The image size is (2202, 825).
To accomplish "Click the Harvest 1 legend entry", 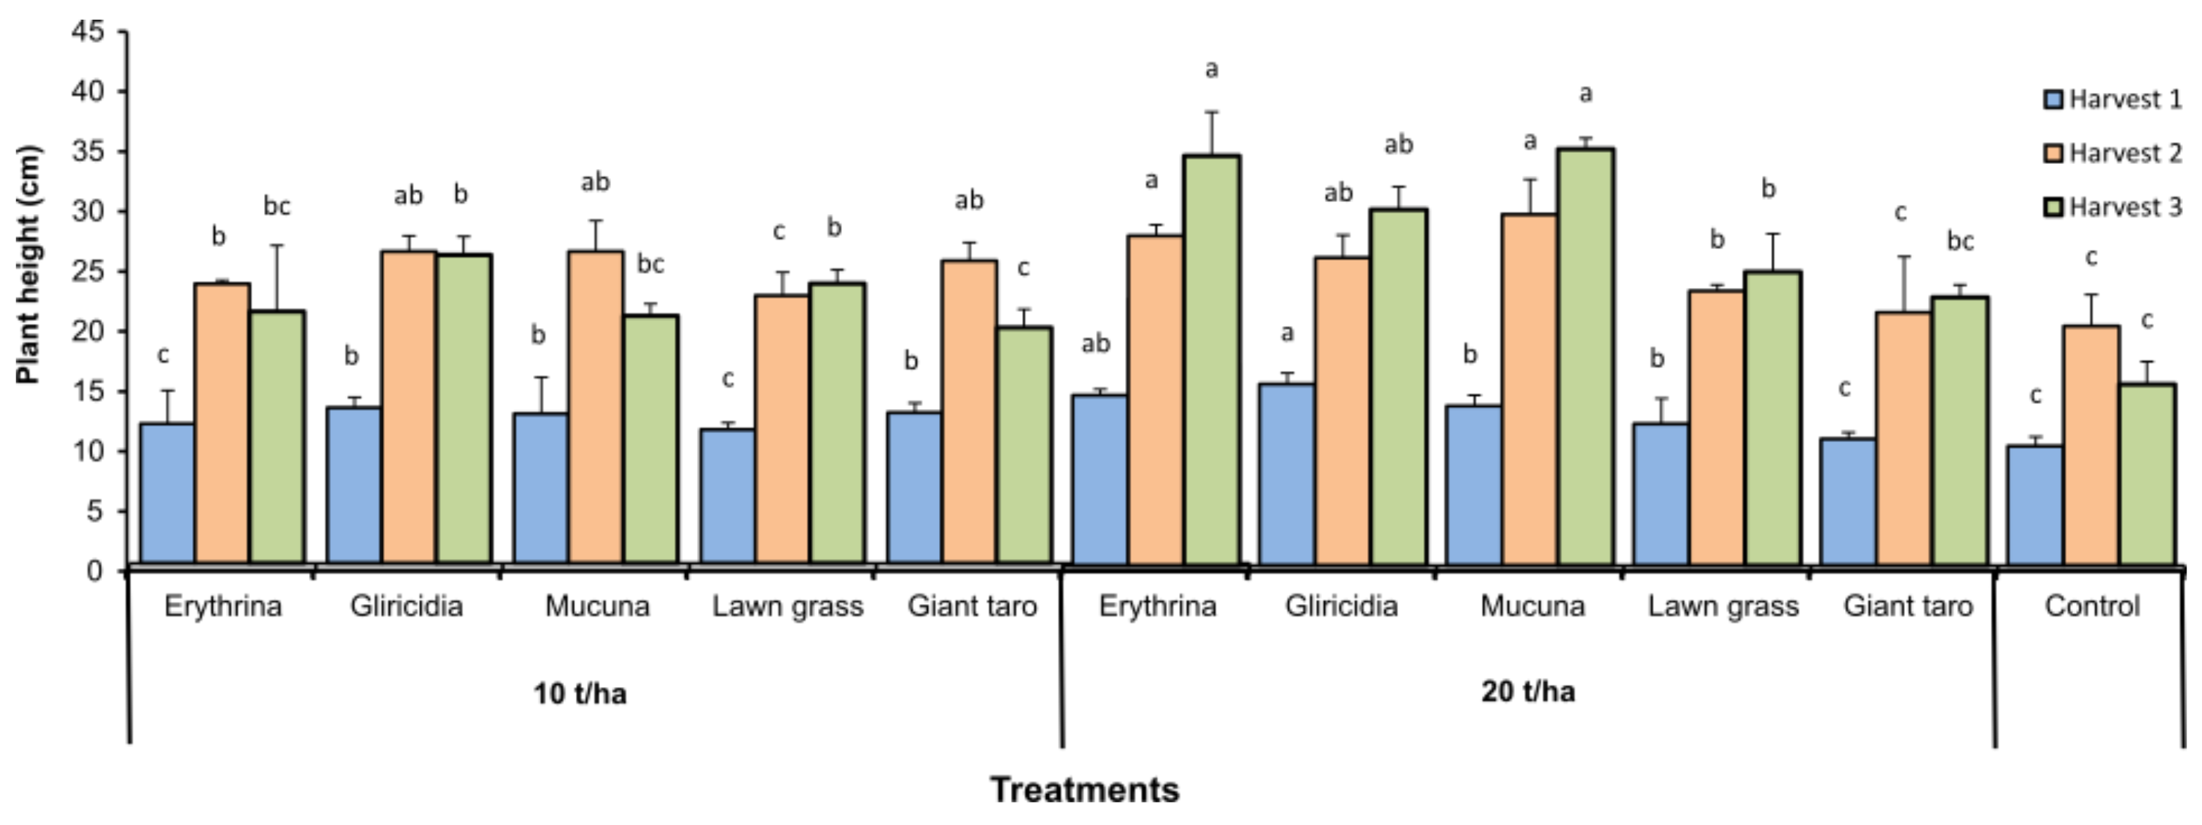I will (x=2111, y=100).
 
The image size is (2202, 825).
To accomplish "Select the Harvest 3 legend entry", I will (x=2111, y=208).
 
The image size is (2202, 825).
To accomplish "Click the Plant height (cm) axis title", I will (x=27, y=265).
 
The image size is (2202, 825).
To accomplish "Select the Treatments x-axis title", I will (x=1085, y=789).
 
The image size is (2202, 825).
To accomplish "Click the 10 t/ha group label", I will (x=579, y=693).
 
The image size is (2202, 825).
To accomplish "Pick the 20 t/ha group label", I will (x=1528, y=691).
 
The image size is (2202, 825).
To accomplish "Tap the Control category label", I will (x=2091, y=606).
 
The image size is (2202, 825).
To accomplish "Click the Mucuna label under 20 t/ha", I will (x=1533, y=606).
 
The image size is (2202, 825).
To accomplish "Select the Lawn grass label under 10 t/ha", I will (x=787, y=606).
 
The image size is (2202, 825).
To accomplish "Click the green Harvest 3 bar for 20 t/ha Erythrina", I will (x=1212, y=359).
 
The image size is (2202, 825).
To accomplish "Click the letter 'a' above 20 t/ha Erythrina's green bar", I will (x=1212, y=69).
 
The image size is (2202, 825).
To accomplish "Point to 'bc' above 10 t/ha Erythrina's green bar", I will (x=277, y=206).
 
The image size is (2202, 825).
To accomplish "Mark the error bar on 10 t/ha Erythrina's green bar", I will (x=277, y=277).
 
